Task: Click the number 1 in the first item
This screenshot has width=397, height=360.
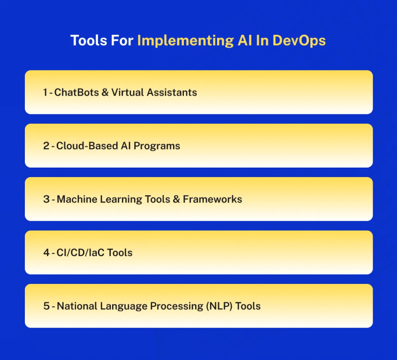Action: pos(45,92)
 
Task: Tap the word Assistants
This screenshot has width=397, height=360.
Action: pos(171,92)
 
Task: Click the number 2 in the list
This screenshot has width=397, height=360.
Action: pos(46,146)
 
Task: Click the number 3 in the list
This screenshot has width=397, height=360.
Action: pos(46,199)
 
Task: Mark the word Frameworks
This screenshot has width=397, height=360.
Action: pos(212,199)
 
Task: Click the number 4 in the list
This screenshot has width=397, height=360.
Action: pos(46,253)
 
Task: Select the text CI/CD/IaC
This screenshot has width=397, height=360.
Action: pos(80,253)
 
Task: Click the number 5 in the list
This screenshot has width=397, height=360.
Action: pos(46,306)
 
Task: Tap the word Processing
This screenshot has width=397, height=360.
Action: pos(165,306)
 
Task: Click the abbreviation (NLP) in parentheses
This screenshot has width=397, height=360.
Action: pos(215,306)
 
